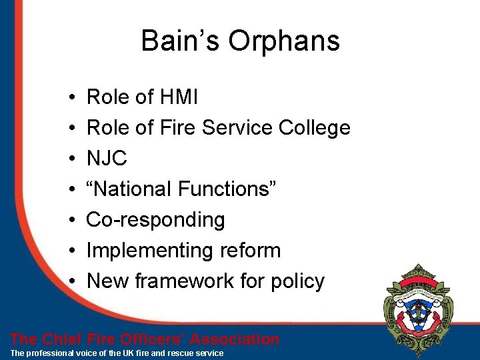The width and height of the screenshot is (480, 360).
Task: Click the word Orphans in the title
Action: tap(284, 41)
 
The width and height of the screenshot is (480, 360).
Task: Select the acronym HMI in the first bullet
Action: tap(179, 97)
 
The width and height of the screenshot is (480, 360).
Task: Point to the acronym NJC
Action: tap(107, 159)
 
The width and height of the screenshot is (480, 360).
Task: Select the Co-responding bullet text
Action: tap(156, 220)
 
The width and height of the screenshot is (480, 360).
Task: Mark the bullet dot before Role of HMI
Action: tap(71, 98)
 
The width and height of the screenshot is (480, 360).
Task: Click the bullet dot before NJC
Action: tap(71, 159)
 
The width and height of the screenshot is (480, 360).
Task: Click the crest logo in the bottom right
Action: tap(419, 307)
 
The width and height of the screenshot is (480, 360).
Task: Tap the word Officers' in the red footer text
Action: tap(147, 339)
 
